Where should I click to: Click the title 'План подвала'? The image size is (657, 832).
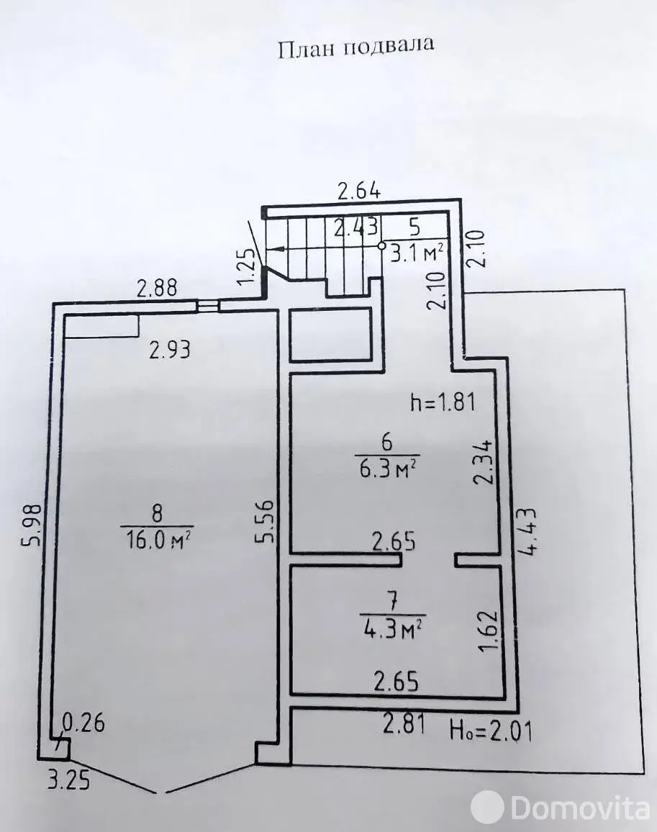356,48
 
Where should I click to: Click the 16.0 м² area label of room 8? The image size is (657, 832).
158,541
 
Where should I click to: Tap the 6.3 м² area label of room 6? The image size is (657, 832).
387,468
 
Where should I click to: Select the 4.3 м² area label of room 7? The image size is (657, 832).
393,628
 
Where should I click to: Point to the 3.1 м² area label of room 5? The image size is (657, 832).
417,253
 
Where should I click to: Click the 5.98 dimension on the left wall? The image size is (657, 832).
32,525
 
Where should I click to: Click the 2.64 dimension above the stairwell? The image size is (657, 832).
359,191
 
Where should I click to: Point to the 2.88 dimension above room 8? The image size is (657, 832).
157,288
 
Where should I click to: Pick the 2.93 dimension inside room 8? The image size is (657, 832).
170,351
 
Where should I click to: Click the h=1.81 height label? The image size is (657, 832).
443,403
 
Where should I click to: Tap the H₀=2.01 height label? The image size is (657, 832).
491,731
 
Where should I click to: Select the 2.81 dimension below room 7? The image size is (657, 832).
404,724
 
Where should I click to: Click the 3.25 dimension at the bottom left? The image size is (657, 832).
69,781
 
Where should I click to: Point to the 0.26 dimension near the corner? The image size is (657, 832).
84,723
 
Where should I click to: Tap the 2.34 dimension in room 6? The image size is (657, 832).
484,461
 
